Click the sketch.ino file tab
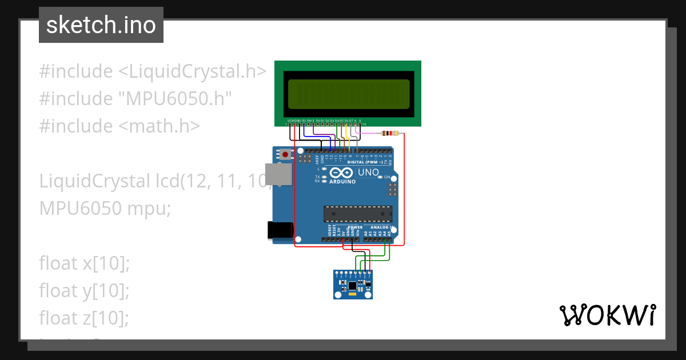click(101, 25)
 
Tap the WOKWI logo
click(607, 315)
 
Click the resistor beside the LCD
click(390, 134)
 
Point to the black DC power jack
click(281, 230)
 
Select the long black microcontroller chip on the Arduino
click(358, 214)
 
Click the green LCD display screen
click(348, 94)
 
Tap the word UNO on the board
click(368, 172)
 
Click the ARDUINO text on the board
click(342, 182)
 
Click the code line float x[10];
click(85, 263)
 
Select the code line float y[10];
click(85, 291)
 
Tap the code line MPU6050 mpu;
click(105, 209)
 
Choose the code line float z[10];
click(84, 318)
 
